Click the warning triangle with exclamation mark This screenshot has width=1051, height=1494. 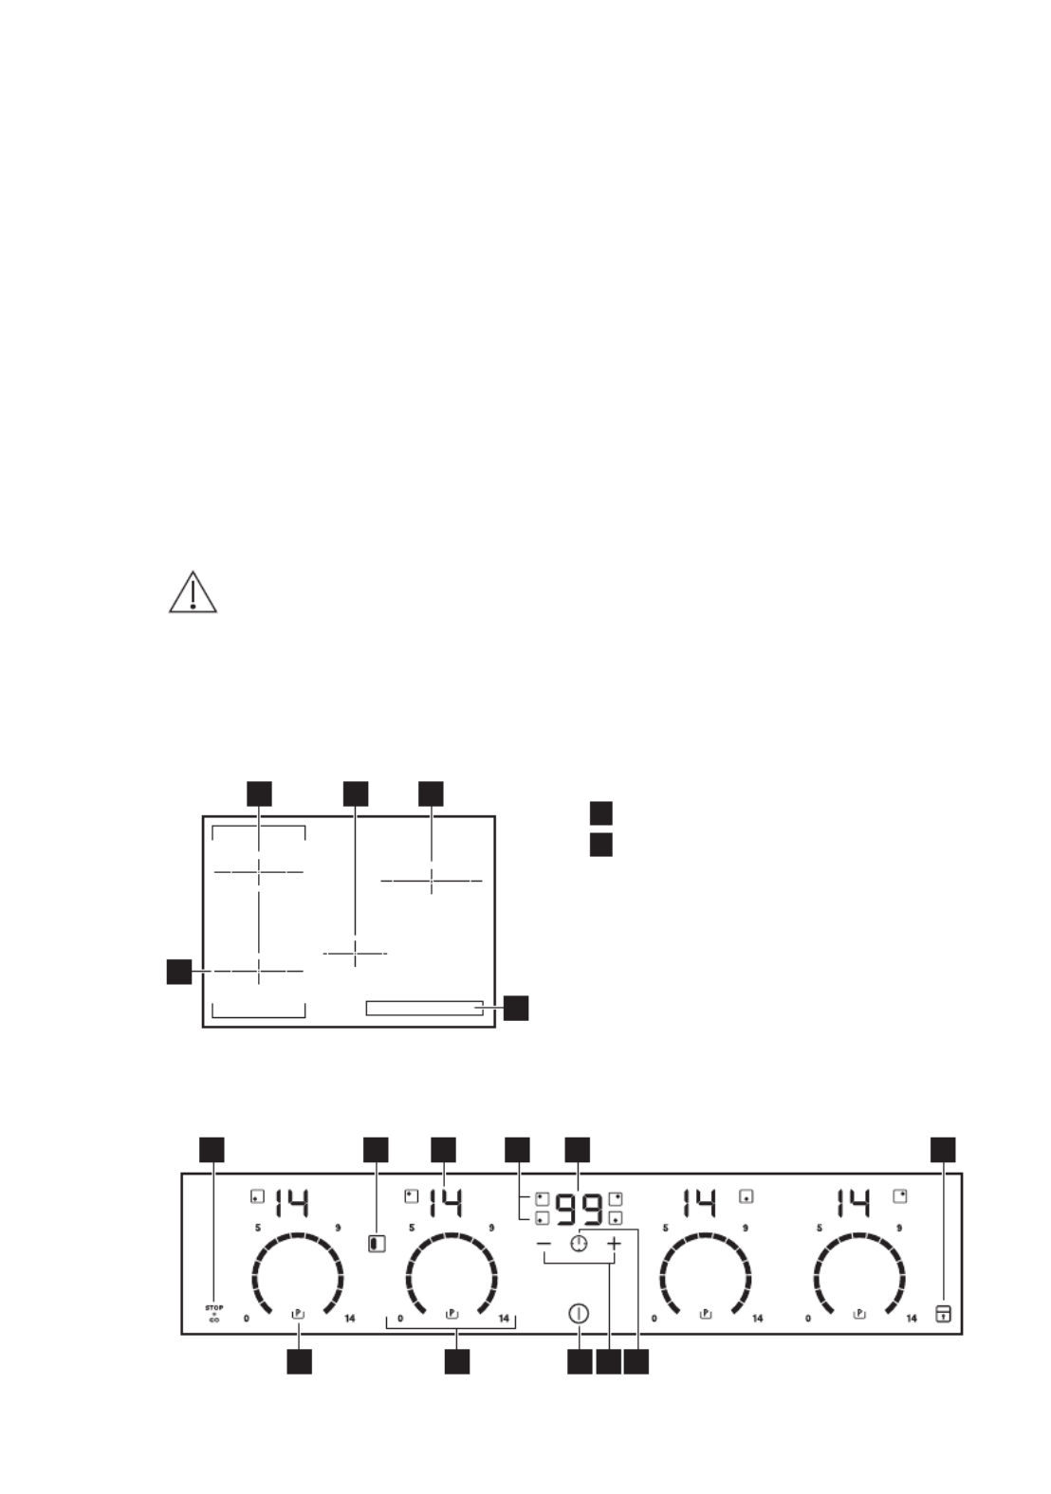pyautogui.click(x=193, y=592)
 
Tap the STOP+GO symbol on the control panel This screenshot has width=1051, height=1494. pyautogui.click(x=214, y=1313)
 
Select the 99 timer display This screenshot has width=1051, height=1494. pyautogui.click(x=579, y=1209)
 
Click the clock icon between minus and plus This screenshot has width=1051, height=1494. pyautogui.click(x=579, y=1244)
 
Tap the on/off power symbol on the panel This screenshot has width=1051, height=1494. pyautogui.click(x=579, y=1314)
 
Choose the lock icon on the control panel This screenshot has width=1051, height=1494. pyautogui.click(x=943, y=1313)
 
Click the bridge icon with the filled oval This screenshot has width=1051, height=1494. pyautogui.click(x=377, y=1243)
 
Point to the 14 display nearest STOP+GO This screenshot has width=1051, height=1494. pyautogui.click(x=292, y=1204)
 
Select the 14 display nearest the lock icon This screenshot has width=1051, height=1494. pyautogui.click(x=854, y=1204)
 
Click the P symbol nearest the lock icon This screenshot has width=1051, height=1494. pyautogui.click(x=859, y=1314)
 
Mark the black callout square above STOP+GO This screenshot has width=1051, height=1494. pyautogui.click(x=212, y=1149)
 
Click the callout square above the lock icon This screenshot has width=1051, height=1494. pyautogui.click(x=943, y=1149)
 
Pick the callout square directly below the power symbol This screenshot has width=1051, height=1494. pyautogui.click(x=580, y=1362)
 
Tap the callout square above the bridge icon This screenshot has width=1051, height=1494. pyautogui.click(x=376, y=1149)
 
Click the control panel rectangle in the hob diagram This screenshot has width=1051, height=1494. pyautogui.click(x=424, y=1008)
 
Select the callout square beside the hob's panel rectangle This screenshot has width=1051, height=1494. pyautogui.click(x=516, y=1008)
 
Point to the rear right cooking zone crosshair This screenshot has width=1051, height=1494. pyautogui.click(x=432, y=881)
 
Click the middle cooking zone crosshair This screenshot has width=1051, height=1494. pyautogui.click(x=355, y=953)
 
